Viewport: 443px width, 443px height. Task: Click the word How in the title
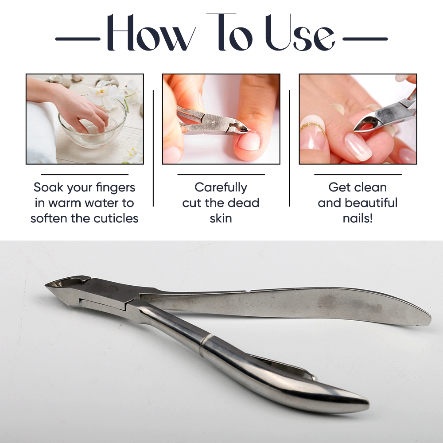151,32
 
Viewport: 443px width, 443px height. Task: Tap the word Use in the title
300,32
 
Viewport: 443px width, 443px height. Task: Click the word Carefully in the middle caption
221,188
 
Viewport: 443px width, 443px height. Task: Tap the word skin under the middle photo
221,218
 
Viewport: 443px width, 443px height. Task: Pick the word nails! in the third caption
358,218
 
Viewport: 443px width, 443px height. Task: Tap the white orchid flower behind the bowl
103,95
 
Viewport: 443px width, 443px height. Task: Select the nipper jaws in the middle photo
237,127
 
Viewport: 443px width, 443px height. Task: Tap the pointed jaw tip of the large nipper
46,286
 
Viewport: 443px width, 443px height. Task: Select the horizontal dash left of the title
78,39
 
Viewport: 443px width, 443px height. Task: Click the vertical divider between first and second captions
153,148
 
